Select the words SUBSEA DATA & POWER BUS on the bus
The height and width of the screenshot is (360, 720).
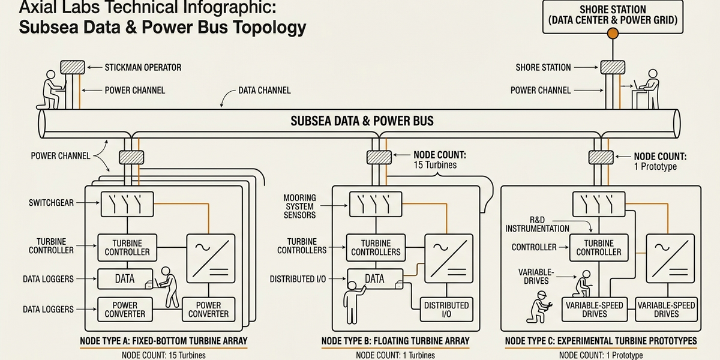tap(362, 121)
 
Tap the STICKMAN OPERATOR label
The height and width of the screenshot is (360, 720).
tap(143, 67)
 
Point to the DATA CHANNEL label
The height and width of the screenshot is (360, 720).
tap(265, 91)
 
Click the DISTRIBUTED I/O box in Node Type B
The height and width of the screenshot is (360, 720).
tap(446, 310)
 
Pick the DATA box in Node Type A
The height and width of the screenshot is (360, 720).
tap(124, 278)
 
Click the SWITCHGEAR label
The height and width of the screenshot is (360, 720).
tap(51, 203)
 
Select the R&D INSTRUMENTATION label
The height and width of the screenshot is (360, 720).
tap(537, 224)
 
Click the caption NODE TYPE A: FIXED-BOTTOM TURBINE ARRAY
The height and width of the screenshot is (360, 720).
tap(164, 341)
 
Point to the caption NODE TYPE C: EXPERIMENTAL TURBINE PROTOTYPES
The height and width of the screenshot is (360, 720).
tap(601, 341)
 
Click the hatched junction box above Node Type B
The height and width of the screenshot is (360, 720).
tap(379, 157)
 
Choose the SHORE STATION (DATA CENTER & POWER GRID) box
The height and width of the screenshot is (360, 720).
tap(612, 15)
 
